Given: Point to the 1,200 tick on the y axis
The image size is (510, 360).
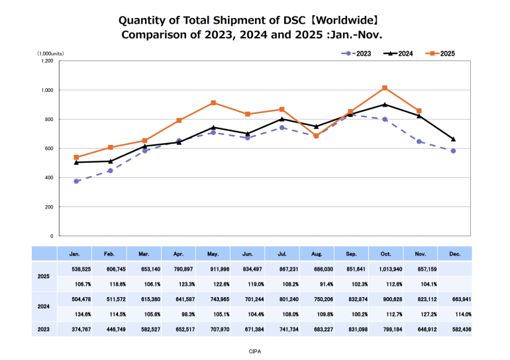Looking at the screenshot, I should click(47, 61).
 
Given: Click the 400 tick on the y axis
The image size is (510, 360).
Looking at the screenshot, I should click(48, 177).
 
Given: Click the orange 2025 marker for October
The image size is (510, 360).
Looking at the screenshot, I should click(385, 88).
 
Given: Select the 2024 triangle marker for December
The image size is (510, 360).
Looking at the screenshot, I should click(453, 139).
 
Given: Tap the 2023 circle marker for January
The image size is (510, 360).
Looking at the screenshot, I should click(77, 181).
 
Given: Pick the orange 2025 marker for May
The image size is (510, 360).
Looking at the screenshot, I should click(213, 103).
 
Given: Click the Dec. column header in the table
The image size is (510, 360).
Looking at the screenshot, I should click(454, 253).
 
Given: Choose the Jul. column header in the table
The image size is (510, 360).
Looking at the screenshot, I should click(281, 253).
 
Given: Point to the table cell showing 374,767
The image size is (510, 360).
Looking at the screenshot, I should click(77, 329).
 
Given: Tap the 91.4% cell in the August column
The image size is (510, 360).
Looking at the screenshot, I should click(317, 283).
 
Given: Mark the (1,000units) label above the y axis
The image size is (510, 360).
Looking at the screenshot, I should click(50, 52).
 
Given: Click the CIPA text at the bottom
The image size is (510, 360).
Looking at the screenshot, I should click(255, 351).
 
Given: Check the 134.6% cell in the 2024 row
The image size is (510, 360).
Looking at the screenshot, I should click(77, 314).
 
